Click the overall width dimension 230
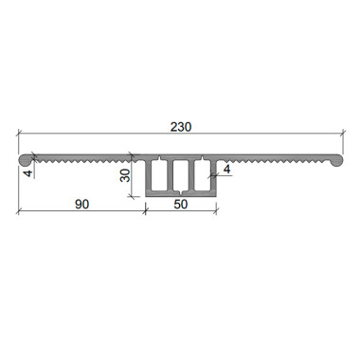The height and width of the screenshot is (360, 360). coord(181,127)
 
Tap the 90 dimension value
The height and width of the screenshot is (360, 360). coord(82,205)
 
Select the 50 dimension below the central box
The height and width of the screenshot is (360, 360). coord(181,205)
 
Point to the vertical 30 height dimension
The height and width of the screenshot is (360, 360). coord(125,175)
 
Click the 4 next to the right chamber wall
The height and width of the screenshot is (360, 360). coord(226,170)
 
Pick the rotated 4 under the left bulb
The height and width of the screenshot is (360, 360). coord(28,173)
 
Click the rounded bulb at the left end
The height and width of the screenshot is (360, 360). coord(26,160)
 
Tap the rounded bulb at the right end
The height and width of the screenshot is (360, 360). coord(335,160)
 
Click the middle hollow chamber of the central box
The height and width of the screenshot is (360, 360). coord(181,175)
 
